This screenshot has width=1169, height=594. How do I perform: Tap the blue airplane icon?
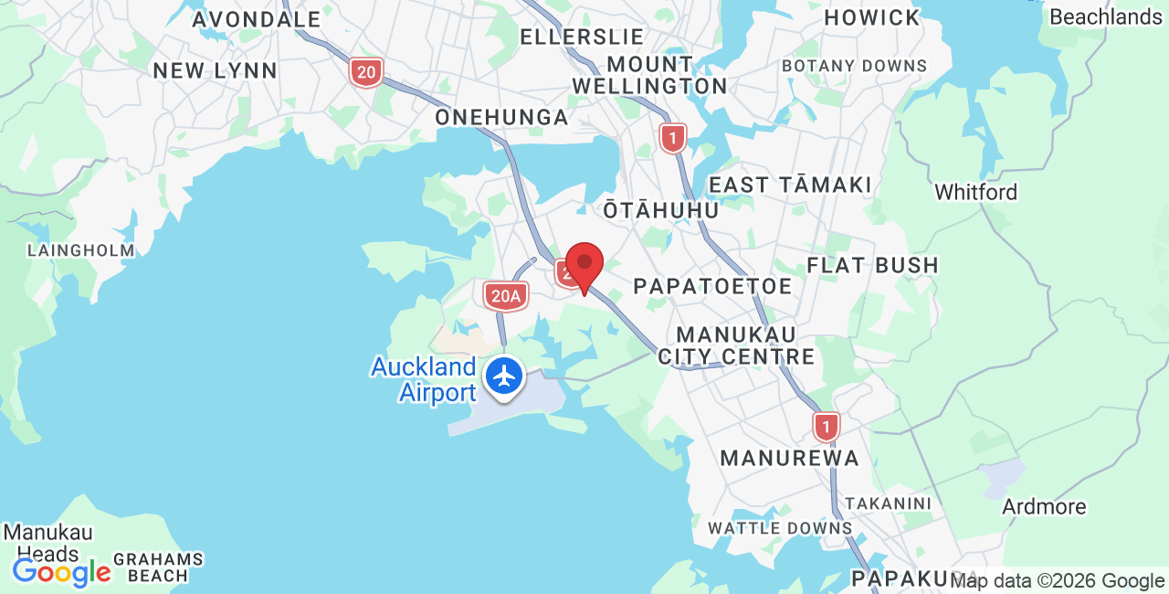pyautogui.click(x=503, y=377)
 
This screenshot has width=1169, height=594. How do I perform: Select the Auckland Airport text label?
pyautogui.click(x=424, y=380)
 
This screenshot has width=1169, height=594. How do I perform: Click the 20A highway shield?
pyautogui.click(x=505, y=295)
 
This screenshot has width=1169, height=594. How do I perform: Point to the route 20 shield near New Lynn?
pyautogui.click(x=366, y=72)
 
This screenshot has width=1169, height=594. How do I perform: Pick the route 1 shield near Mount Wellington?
pyautogui.click(x=673, y=139)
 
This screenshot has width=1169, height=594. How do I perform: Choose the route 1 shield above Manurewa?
pyautogui.click(x=827, y=426)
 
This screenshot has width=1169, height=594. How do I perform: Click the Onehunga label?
pyautogui.click(x=501, y=118)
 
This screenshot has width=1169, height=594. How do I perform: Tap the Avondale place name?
pyautogui.click(x=256, y=19)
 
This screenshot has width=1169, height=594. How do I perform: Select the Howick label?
pyautogui.click(x=872, y=17)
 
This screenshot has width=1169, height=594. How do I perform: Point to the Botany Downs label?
pyautogui.click(x=854, y=66)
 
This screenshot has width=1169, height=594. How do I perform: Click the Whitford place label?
pyautogui.click(x=975, y=193)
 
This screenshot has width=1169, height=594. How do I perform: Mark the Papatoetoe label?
pyautogui.click(x=712, y=286)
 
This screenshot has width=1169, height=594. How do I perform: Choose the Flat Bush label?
pyautogui.click(x=872, y=266)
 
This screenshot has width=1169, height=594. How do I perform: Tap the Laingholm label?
pyautogui.click(x=80, y=250)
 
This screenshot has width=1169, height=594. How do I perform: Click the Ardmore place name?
pyautogui.click(x=1044, y=507)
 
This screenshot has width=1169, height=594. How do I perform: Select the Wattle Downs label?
pyautogui.click(x=780, y=528)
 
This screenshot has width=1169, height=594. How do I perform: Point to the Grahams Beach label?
pyautogui.click(x=158, y=567)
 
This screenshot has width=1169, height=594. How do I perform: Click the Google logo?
pyautogui.click(x=61, y=573)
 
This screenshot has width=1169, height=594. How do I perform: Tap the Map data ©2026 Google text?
pyautogui.click(x=1057, y=580)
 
